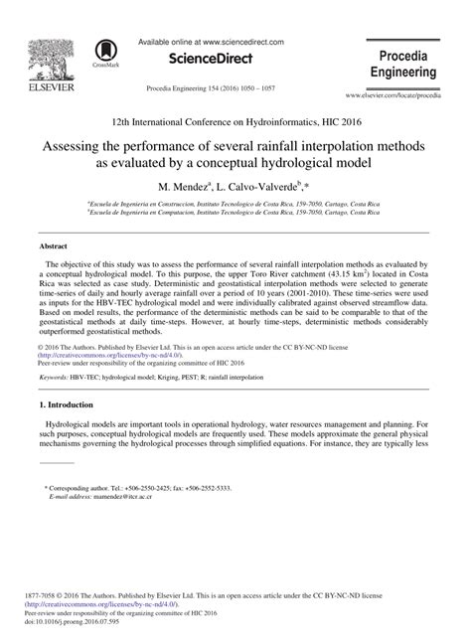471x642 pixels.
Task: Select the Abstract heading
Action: point(54,244)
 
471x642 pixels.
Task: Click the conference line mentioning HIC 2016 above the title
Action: point(235,115)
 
